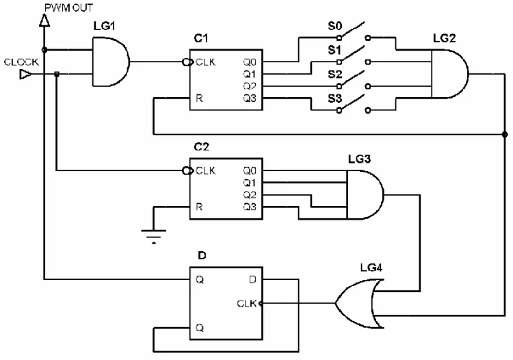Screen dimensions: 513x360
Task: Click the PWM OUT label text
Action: (68, 8)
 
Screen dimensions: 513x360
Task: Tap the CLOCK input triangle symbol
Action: (25, 75)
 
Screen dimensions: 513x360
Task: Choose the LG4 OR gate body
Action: (359, 303)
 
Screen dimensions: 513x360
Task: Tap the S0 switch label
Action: (334, 26)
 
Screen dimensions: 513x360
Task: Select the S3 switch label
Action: (334, 98)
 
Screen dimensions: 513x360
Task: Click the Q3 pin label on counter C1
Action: (250, 98)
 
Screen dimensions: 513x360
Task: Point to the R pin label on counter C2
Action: (199, 207)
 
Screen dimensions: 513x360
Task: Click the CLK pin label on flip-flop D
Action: (247, 303)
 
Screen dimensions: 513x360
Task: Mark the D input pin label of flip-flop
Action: (252, 279)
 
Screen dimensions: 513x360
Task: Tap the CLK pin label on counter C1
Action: (205, 62)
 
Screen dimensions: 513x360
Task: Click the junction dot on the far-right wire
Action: (505, 134)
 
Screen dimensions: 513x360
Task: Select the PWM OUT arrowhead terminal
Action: (44, 21)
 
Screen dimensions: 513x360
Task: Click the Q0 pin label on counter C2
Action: (250, 170)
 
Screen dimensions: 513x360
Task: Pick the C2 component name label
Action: (201, 147)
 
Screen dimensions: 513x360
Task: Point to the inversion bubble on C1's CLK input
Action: (187, 62)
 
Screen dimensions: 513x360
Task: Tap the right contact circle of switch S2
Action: (368, 86)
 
